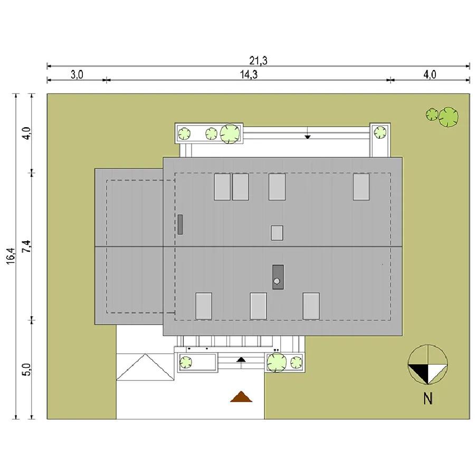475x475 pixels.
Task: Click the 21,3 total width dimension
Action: [x=258, y=61]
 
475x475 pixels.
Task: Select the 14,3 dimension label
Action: [x=249, y=74]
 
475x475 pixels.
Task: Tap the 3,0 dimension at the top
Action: [x=77, y=74]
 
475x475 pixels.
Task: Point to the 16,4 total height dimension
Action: [x=11, y=256]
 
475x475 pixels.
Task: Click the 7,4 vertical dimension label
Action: [x=27, y=246]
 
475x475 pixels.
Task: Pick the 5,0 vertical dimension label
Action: [x=27, y=369]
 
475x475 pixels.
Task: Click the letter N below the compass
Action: [x=427, y=398]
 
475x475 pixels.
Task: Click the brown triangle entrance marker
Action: [x=241, y=396]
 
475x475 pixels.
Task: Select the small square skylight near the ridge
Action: [x=277, y=233]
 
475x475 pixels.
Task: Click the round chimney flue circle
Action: [x=277, y=281]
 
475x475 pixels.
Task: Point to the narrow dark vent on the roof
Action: [x=180, y=224]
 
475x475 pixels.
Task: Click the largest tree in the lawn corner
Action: [x=448, y=117]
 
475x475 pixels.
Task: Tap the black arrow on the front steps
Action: [x=241, y=359]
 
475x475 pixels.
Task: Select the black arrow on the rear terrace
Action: [x=308, y=137]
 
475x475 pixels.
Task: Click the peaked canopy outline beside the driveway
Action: [x=146, y=367]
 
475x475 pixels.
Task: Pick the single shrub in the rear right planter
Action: [x=380, y=132]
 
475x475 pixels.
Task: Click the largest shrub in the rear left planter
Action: [x=230, y=134]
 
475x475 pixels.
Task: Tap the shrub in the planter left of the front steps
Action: [x=186, y=362]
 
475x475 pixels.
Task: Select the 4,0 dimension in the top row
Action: [x=430, y=74]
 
